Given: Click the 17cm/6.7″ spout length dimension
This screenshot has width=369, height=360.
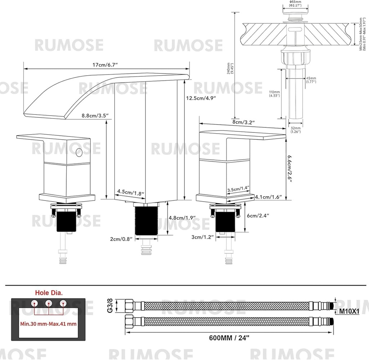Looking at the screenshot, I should point(105,64).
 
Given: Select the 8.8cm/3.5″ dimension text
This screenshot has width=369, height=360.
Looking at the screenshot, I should point(92,115).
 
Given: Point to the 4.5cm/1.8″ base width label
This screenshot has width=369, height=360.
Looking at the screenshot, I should point(130,193).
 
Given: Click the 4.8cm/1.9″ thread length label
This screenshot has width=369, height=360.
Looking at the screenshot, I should point(182,217).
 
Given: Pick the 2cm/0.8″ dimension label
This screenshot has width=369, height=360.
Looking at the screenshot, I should point(121,238).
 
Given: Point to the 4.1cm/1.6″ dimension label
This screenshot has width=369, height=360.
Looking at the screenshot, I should point(268,197).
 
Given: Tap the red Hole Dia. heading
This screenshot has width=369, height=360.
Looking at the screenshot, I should point(49,292).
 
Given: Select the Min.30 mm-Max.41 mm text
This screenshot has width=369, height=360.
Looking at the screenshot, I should point(48,323).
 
